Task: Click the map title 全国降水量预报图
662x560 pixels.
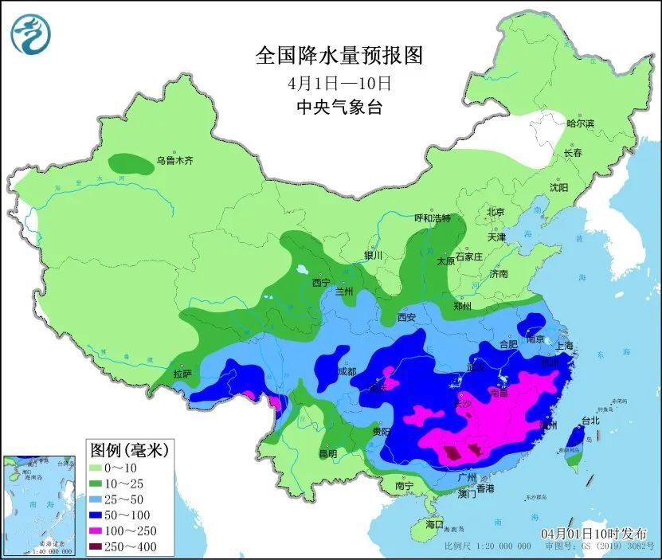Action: click(338, 55)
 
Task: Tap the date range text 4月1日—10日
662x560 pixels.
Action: click(338, 82)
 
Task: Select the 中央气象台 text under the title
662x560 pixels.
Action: click(338, 107)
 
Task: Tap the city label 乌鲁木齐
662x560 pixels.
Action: click(174, 161)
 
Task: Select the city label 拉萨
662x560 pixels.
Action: click(182, 373)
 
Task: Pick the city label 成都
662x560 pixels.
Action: click(347, 372)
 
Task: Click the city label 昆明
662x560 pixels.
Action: click(327, 454)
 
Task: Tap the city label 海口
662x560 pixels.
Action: click(433, 525)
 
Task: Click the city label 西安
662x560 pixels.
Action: click(406, 317)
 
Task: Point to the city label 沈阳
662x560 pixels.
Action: click(558, 187)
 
